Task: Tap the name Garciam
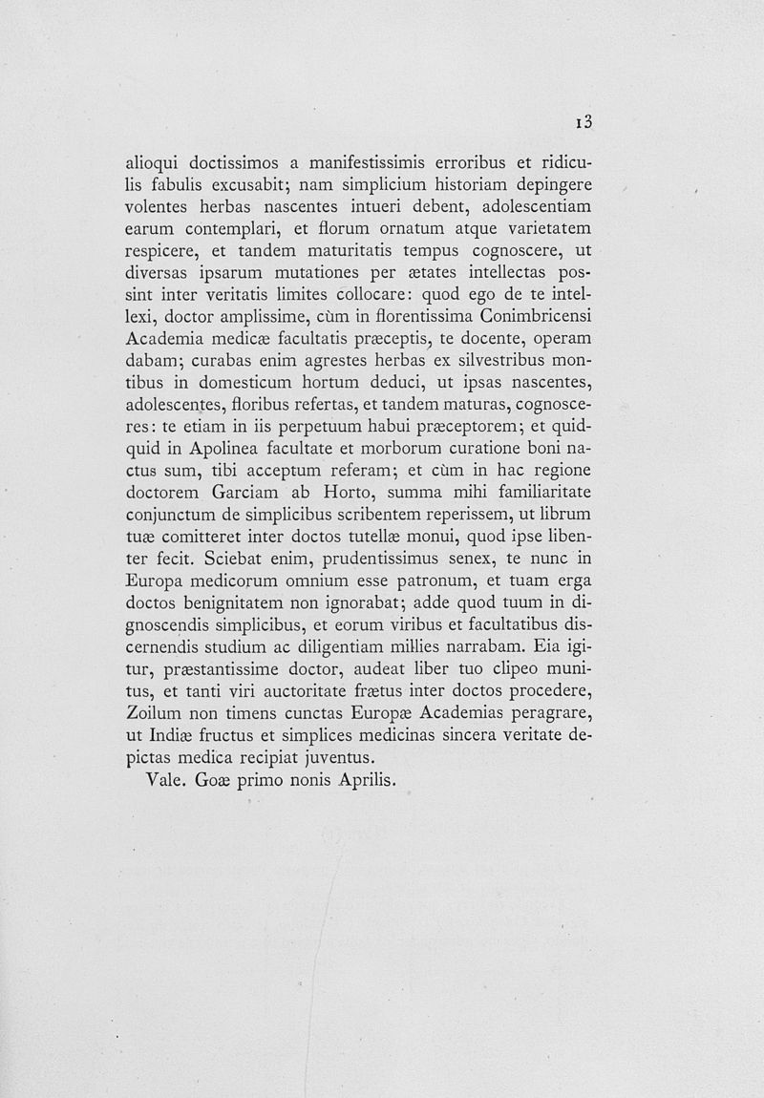coord(244,494)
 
